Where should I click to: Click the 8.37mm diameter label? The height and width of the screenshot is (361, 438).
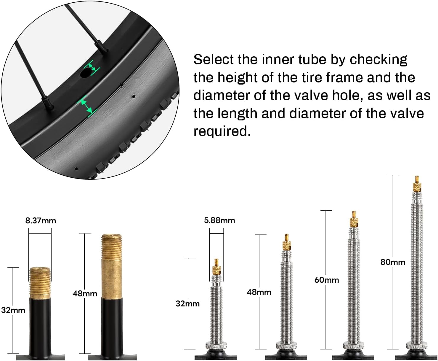point(41,221)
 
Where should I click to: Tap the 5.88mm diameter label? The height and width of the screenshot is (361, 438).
point(219,220)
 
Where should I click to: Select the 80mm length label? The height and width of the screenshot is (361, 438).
point(393,262)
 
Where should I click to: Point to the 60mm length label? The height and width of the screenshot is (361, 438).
point(327,280)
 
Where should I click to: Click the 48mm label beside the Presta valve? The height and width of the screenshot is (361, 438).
point(259,292)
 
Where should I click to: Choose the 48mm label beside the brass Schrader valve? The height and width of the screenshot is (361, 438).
point(85,294)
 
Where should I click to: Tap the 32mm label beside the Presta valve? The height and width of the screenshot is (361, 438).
point(187,304)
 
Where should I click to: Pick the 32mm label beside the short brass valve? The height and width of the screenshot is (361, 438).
point(13,311)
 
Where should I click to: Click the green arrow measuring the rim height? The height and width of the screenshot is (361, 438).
point(86,106)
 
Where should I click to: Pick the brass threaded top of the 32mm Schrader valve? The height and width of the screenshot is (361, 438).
point(40,283)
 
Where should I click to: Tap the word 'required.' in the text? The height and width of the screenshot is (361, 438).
point(222,131)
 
